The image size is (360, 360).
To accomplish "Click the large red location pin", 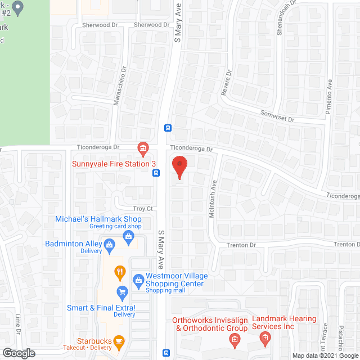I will click(x=179, y=167).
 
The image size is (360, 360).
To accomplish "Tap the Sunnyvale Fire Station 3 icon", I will click(x=143, y=149).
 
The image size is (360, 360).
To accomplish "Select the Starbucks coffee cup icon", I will click(x=118, y=341).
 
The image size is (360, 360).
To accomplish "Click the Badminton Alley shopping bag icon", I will click(x=110, y=244).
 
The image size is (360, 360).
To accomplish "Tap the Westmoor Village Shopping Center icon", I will click(x=138, y=279).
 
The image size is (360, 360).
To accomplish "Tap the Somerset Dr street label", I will click(x=277, y=116).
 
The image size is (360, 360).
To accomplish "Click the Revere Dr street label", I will click(x=226, y=83).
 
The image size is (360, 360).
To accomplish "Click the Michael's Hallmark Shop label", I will click(x=98, y=219).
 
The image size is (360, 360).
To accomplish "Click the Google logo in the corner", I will click(x=18, y=353).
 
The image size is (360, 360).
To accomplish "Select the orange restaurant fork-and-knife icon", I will click(x=120, y=273).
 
